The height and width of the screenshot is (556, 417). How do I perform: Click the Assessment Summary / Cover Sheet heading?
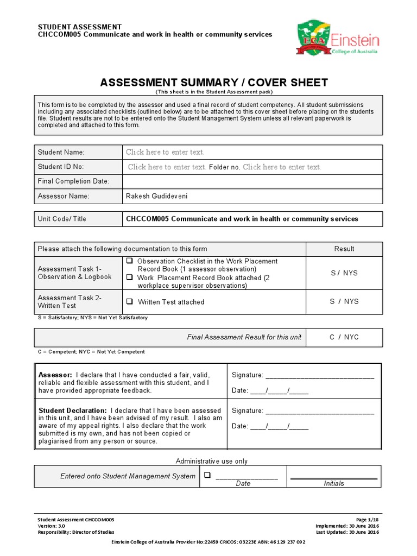coord(214,83)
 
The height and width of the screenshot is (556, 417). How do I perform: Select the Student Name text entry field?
coord(165,152)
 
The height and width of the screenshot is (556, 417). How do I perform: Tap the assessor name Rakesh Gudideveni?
coord(157,196)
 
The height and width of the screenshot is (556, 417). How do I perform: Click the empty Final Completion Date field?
coord(252,181)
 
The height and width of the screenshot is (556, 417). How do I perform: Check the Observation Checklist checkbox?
coord(129,261)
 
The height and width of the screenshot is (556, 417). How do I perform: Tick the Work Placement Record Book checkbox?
coord(129,277)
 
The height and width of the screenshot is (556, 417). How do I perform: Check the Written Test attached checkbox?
coord(129,302)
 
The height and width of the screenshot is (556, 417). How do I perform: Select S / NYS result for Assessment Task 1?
coord(344,273)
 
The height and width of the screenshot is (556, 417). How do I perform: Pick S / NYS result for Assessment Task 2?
coord(344,301)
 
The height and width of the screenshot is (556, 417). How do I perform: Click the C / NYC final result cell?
coord(344,337)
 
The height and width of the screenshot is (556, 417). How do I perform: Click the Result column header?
coord(344,249)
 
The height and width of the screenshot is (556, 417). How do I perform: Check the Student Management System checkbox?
coord(207,476)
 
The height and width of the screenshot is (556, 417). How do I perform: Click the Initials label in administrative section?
coord(334,483)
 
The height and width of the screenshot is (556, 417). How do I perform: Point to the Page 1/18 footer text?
coord(368,520)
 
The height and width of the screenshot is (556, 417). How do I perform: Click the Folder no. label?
coord(224,167)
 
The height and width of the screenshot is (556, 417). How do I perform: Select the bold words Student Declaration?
coord(72,410)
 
